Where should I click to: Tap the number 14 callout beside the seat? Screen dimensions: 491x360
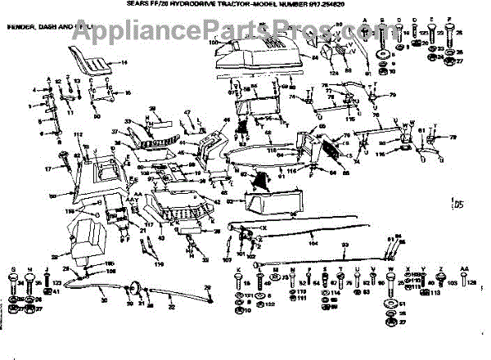point(124,62)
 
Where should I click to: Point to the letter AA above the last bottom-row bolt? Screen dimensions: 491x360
point(463,270)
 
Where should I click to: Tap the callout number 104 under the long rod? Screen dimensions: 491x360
point(313,243)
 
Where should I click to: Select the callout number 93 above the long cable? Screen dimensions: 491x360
point(345,245)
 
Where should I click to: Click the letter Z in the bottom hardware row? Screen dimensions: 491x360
point(441,270)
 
